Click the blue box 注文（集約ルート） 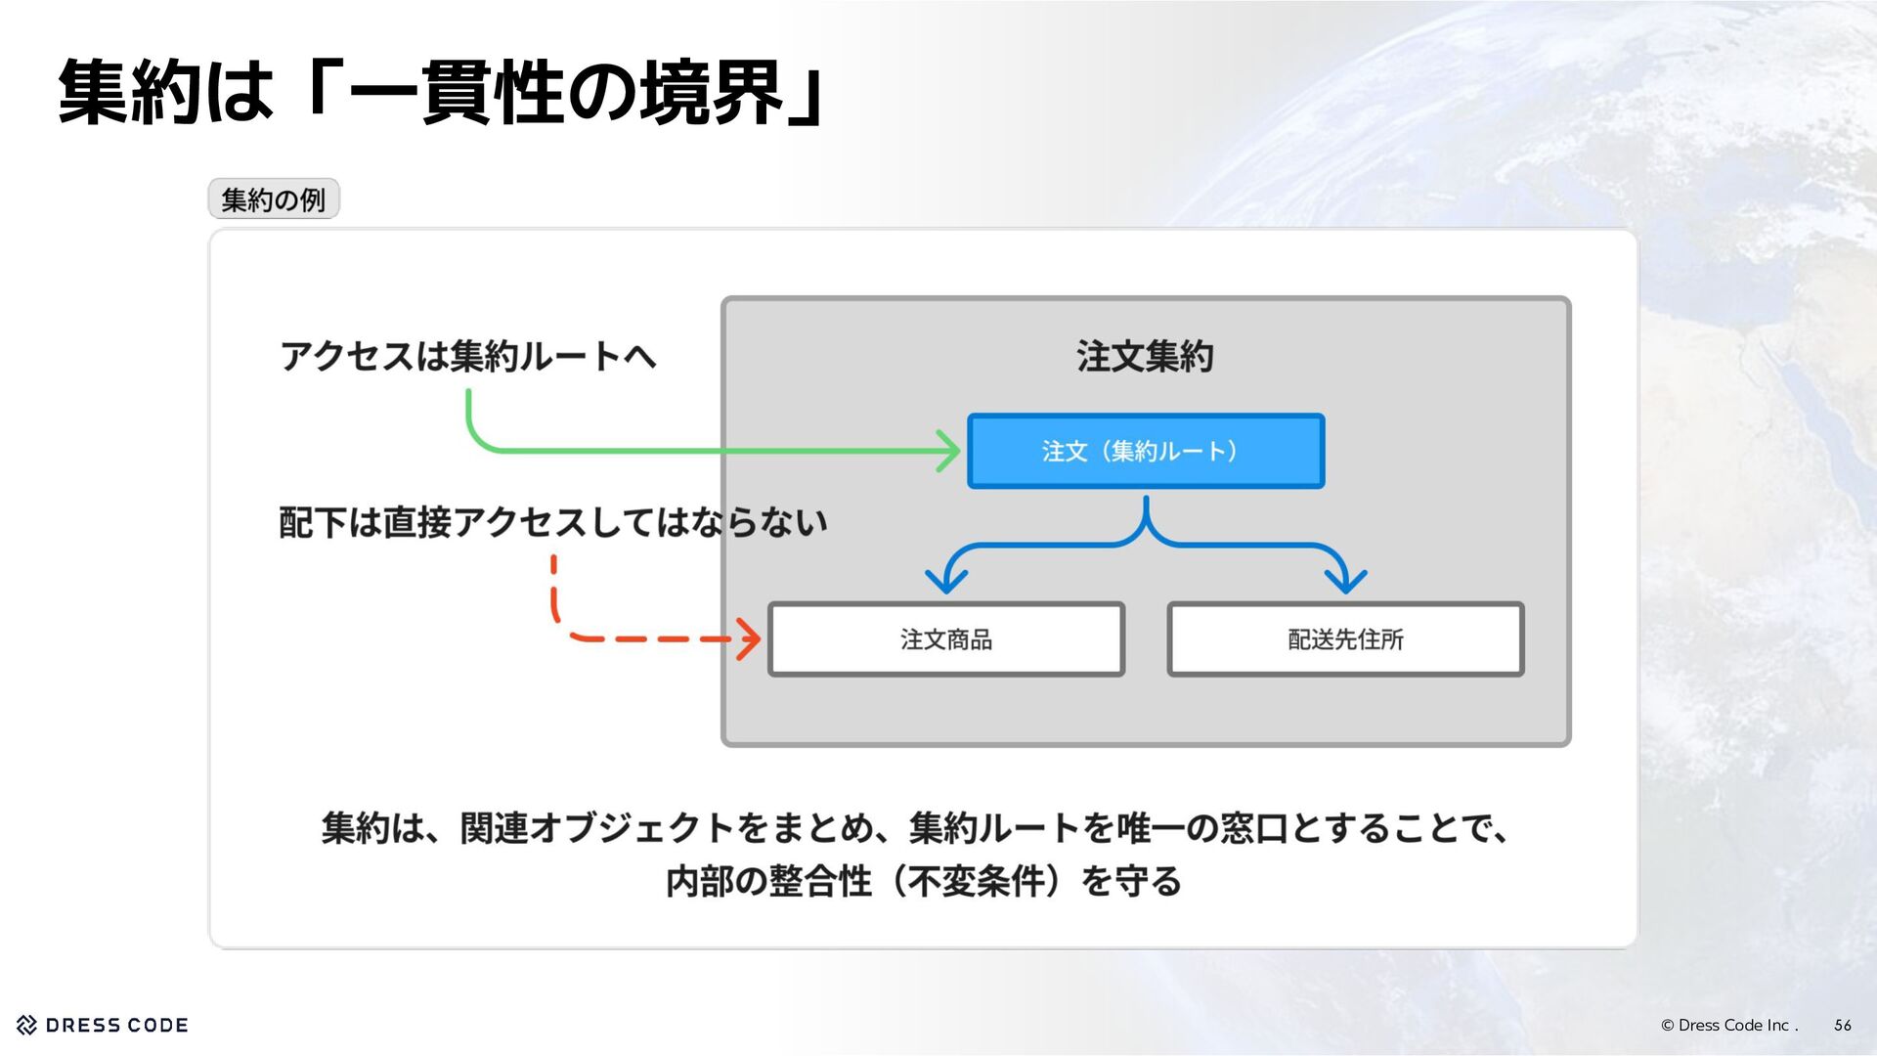coord(1146,451)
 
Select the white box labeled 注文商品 coord(946,639)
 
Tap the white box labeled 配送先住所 coord(1345,639)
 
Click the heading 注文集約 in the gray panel coord(1145,356)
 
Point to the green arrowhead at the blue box coord(950,451)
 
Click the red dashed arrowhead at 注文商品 coord(751,639)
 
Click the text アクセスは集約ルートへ coord(467,356)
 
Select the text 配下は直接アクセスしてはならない coord(553,522)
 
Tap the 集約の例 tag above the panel coord(274,199)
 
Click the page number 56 coord(1843,1025)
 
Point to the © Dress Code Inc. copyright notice coord(1728,1025)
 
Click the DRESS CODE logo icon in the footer coord(27,1025)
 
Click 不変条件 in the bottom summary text coord(977,881)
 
